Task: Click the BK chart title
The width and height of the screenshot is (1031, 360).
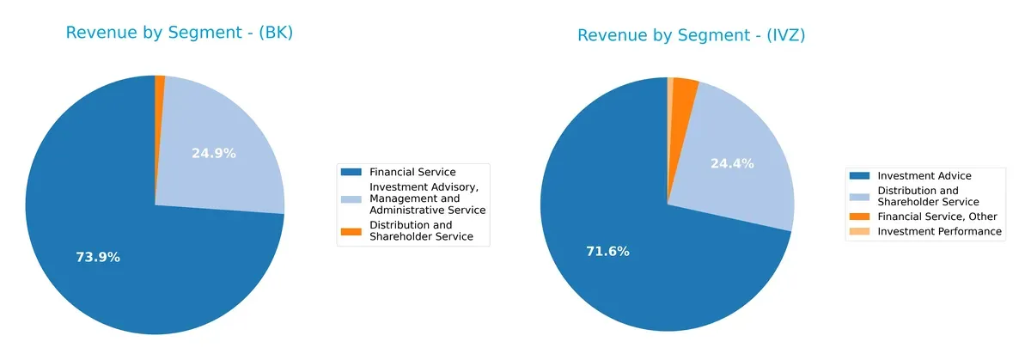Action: tap(180, 34)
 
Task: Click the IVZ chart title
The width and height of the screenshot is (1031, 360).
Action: tap(691, 35)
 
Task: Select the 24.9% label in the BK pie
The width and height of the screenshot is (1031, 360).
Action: tap(213, 154)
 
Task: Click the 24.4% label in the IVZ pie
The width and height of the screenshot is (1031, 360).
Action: tap(732, 163)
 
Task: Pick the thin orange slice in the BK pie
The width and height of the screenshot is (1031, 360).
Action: tap(160, 81)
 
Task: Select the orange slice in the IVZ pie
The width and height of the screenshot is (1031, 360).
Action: tap(685, 87)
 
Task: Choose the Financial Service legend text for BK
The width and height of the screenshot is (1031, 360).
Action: tap(412, 172)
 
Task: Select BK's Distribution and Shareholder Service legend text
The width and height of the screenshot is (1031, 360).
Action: tap(421, 231)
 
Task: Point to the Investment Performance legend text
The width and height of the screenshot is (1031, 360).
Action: tap(939, 231)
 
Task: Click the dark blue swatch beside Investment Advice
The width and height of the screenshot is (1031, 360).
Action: tap(859, 175)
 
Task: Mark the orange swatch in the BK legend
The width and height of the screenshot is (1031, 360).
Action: tap(351, 231)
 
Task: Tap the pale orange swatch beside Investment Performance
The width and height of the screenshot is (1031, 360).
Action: tap(859, 231)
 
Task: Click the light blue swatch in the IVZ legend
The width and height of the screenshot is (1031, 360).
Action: tap(859, 196)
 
